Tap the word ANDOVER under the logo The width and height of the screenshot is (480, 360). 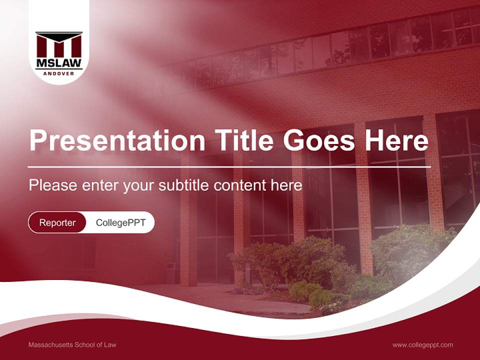(59, 73)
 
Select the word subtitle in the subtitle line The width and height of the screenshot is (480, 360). (184, 185)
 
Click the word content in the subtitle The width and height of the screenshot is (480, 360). (239, 185)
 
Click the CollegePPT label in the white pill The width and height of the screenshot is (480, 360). (120, 222)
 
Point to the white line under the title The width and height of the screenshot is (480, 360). (229, 166)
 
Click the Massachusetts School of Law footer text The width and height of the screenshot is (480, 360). (72, 344)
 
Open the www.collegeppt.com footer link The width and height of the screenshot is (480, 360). (422, 344)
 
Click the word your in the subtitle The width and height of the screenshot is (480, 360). (138, 185)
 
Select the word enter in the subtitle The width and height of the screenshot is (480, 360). (98, 185)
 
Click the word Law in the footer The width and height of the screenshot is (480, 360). (110, 344)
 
